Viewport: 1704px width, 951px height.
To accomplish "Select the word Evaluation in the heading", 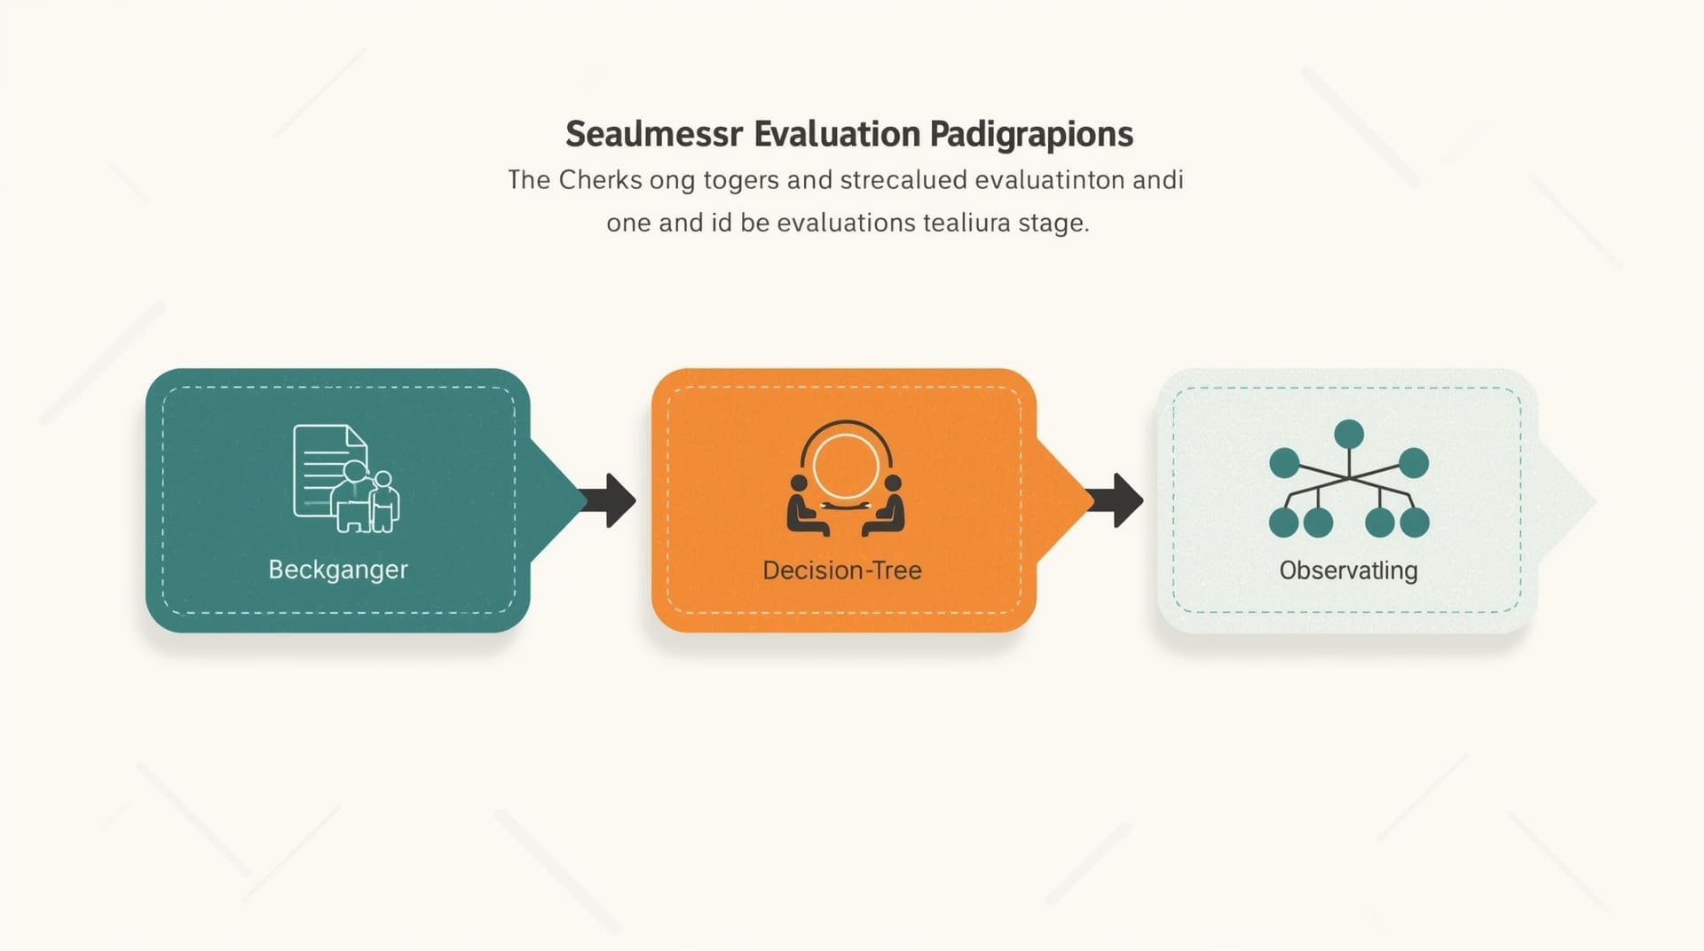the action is (x=837, y=134).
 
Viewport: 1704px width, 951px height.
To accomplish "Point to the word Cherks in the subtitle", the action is (x=600, y=180).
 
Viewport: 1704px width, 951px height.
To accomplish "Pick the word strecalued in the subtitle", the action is (x=903, y=180).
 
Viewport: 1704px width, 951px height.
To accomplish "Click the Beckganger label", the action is (x=338, y=570).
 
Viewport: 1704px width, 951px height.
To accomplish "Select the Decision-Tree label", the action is (x=842, y=570).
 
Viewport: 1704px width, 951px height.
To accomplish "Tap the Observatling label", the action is (x=1348, y=570).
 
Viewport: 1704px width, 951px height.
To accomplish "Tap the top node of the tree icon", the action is (x=1349, y=435).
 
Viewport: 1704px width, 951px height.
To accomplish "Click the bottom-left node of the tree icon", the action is (x=1284, y=523).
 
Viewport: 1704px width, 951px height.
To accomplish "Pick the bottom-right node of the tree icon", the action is (x=1415, y=523).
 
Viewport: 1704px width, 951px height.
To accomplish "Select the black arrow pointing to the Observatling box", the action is (x=1115, y=500).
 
